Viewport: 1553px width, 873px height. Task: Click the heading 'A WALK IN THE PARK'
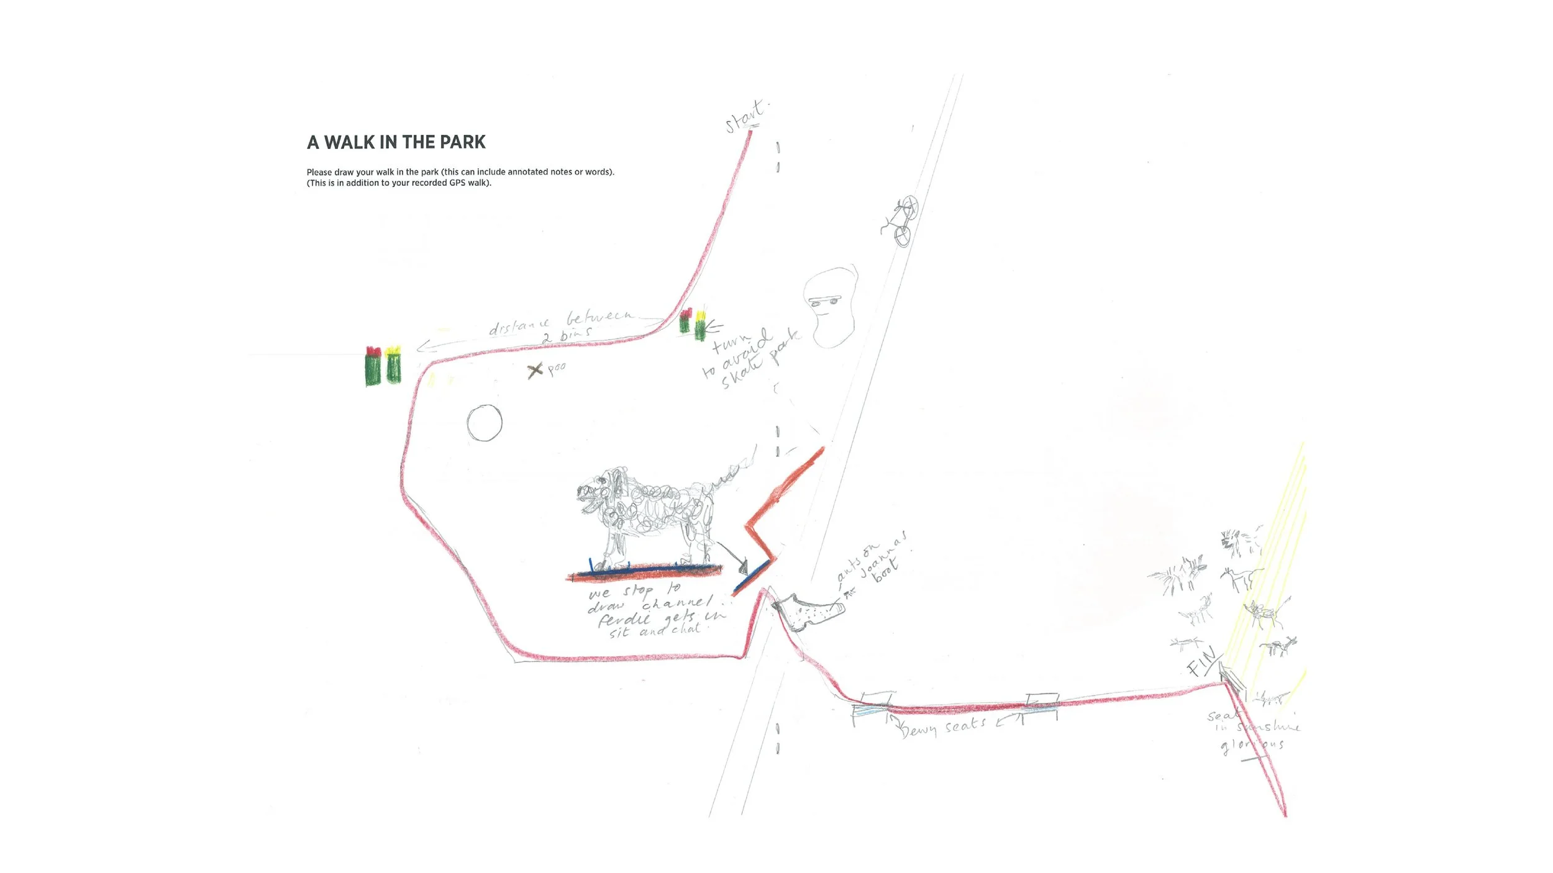(x=396, y=142)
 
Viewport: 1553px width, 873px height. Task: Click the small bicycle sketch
(x=899, y=221)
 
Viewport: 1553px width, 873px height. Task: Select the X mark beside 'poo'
(x=535, y=371)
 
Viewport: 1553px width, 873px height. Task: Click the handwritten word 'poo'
(x=557, y=368)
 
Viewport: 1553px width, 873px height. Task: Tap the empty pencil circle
(x=485, y=423)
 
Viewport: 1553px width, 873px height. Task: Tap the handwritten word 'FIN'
(x=1201, y=662)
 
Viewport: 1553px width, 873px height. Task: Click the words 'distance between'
(x=559, y=322)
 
